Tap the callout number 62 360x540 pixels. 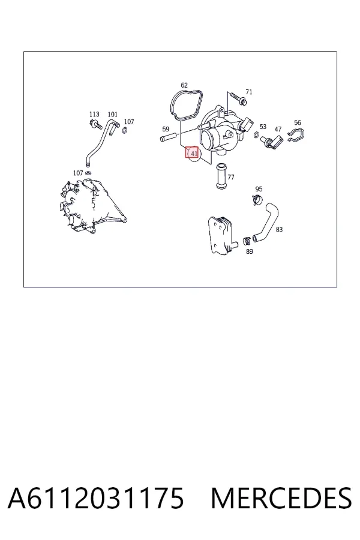(184, 85)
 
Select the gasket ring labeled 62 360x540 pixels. (187, 105)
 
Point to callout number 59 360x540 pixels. (166, 129)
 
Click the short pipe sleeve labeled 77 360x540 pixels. (220, 176)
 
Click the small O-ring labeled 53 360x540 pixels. (257, 134)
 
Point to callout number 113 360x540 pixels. (94, 114)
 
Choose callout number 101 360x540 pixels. (113, 114)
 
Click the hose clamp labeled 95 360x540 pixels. (257, 199)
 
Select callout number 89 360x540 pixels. (250, 251)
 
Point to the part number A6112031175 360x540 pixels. (96, 499)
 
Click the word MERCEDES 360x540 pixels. (281, 499)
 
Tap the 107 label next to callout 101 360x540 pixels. (129, 122)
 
